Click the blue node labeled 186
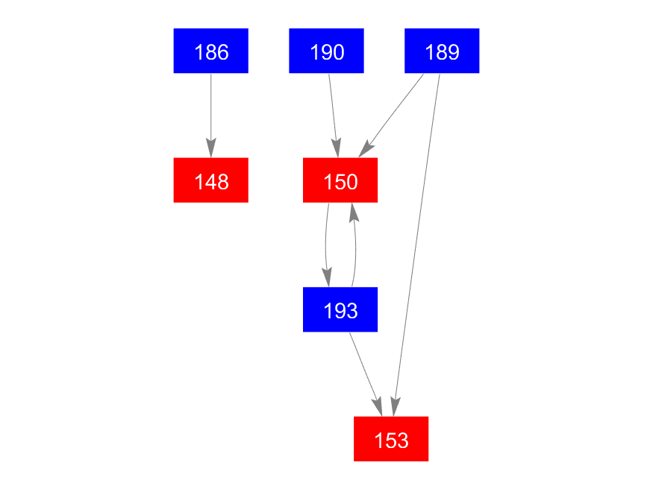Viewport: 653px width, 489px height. (210, 51)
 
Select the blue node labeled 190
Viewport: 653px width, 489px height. (326, 51)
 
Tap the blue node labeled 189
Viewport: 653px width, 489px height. (442, 51)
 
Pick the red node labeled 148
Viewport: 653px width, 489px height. (210, 180)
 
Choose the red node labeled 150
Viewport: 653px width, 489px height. (340, 180)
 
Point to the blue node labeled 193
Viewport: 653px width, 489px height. (340, 309)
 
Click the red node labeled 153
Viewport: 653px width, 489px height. (391, 439)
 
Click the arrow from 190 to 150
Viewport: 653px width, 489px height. (333, 108)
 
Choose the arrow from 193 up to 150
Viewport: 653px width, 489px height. (355, 246)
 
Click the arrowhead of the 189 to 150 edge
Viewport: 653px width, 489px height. (366, 149)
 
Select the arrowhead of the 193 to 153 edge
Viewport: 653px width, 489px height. (377, 406)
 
